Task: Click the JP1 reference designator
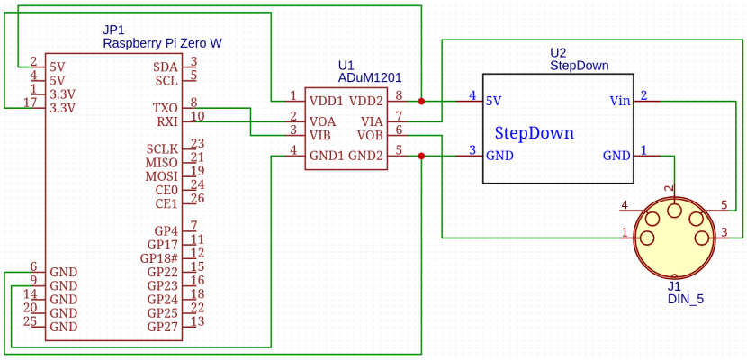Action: (x=113, y=30)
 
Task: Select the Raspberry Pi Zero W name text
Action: (x=162, y=43)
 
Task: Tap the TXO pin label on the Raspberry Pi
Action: (x=166, y=108)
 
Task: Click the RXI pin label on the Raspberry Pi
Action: (x=166, y=121)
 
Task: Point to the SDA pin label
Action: (x=166, y=67)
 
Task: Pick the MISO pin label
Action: (x=162, y=163)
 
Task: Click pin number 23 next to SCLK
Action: (x=197, y=144)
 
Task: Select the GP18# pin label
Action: (x=159, y=258)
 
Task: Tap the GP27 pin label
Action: (x=163, y=326)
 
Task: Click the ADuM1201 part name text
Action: (x=369, y=78)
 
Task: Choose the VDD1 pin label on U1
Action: (x=326, y=101)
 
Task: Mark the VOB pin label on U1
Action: (x=370, y=135)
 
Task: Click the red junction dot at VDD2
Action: (x=421, y=102)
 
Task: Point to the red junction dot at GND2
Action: (x=421, y=156)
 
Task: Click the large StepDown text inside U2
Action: (x=534, y=133)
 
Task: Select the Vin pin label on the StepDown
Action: (x=619, y=101)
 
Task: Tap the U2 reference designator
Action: (x=558, y=52)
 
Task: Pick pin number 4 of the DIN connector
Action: (x=625, y=205)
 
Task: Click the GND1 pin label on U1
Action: (x=326, y=155)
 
